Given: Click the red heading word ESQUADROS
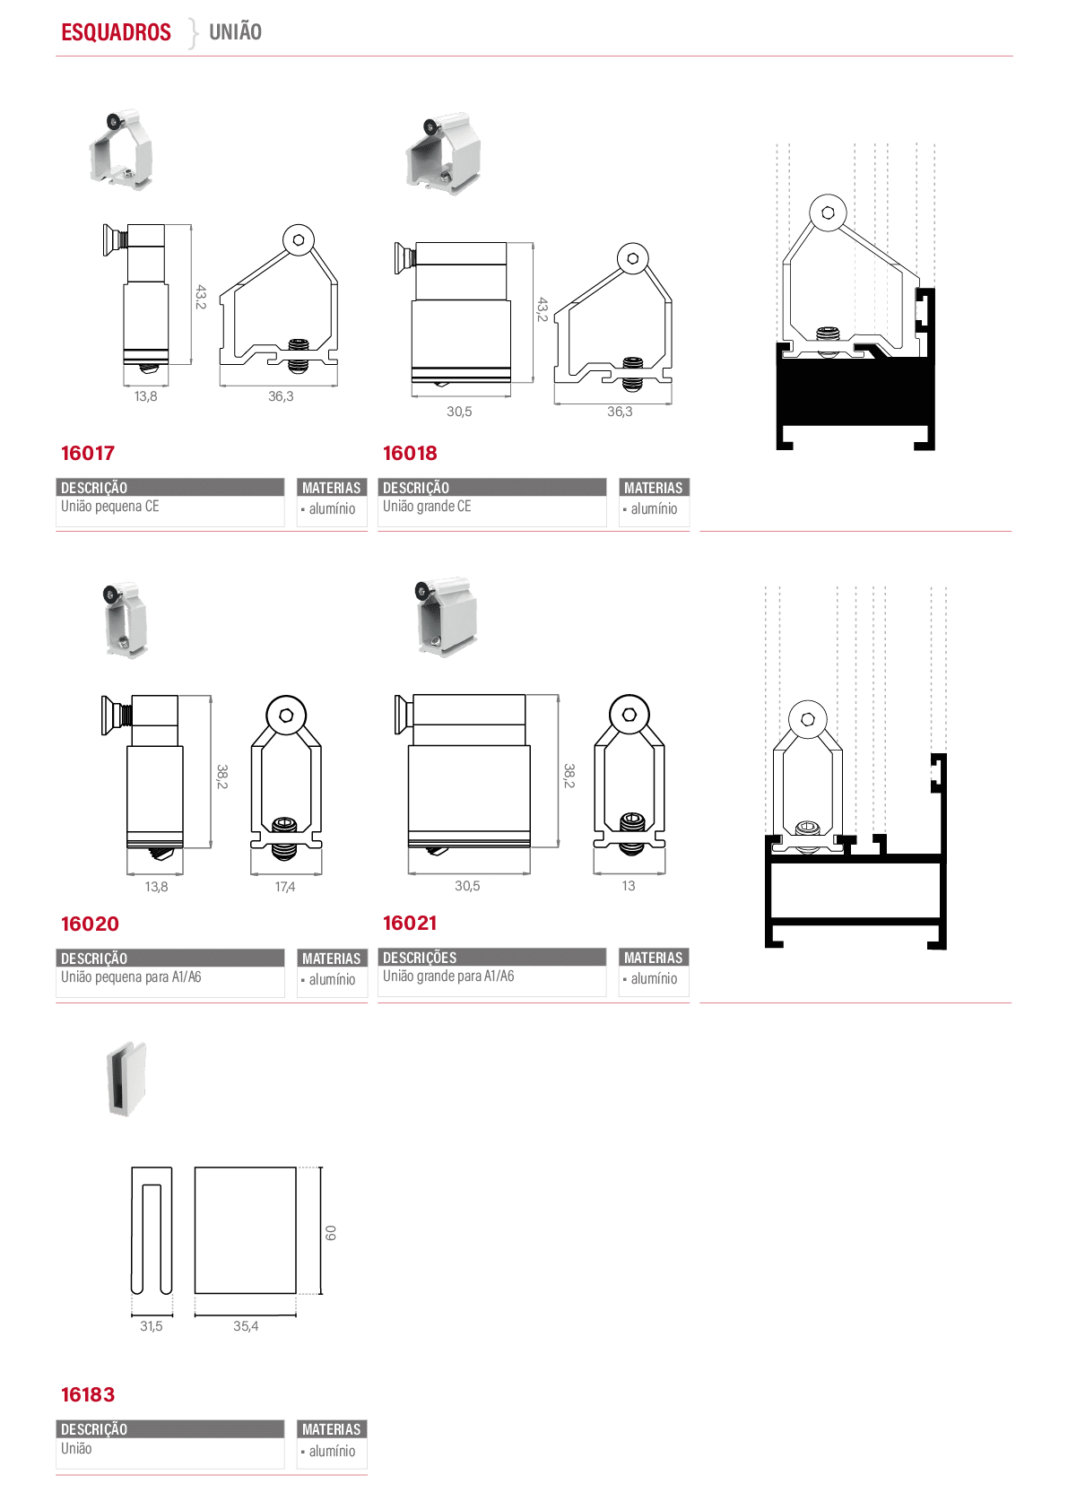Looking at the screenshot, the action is point(116,32).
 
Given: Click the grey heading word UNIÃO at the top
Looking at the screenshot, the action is point(235,31).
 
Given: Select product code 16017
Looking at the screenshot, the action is point(88,453).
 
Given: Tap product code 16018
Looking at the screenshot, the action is point(410,453).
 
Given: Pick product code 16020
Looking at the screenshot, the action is point(90,924).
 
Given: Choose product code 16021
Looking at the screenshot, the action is point(410,923).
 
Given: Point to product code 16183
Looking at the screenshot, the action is point(88,1394).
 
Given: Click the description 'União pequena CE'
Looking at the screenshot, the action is point(110,507).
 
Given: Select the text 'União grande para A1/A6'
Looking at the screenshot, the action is point(448,976).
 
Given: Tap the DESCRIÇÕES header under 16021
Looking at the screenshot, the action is point(420,958).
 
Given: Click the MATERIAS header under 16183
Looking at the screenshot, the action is point(331,1429).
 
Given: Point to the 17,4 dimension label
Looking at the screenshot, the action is point(284,887).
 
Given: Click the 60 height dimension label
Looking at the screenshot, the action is point(330,1232).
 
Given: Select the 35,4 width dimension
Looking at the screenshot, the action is point(246,1326).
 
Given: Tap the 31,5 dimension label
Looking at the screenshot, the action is point(151,1326).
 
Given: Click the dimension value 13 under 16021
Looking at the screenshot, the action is point(629,886).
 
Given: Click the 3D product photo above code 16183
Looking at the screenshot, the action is point(126,1080).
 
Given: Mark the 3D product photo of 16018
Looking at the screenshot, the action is point(442,154).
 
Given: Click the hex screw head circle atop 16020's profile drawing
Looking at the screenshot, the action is point(286,716).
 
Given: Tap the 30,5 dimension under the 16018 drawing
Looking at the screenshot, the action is point(459,412).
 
